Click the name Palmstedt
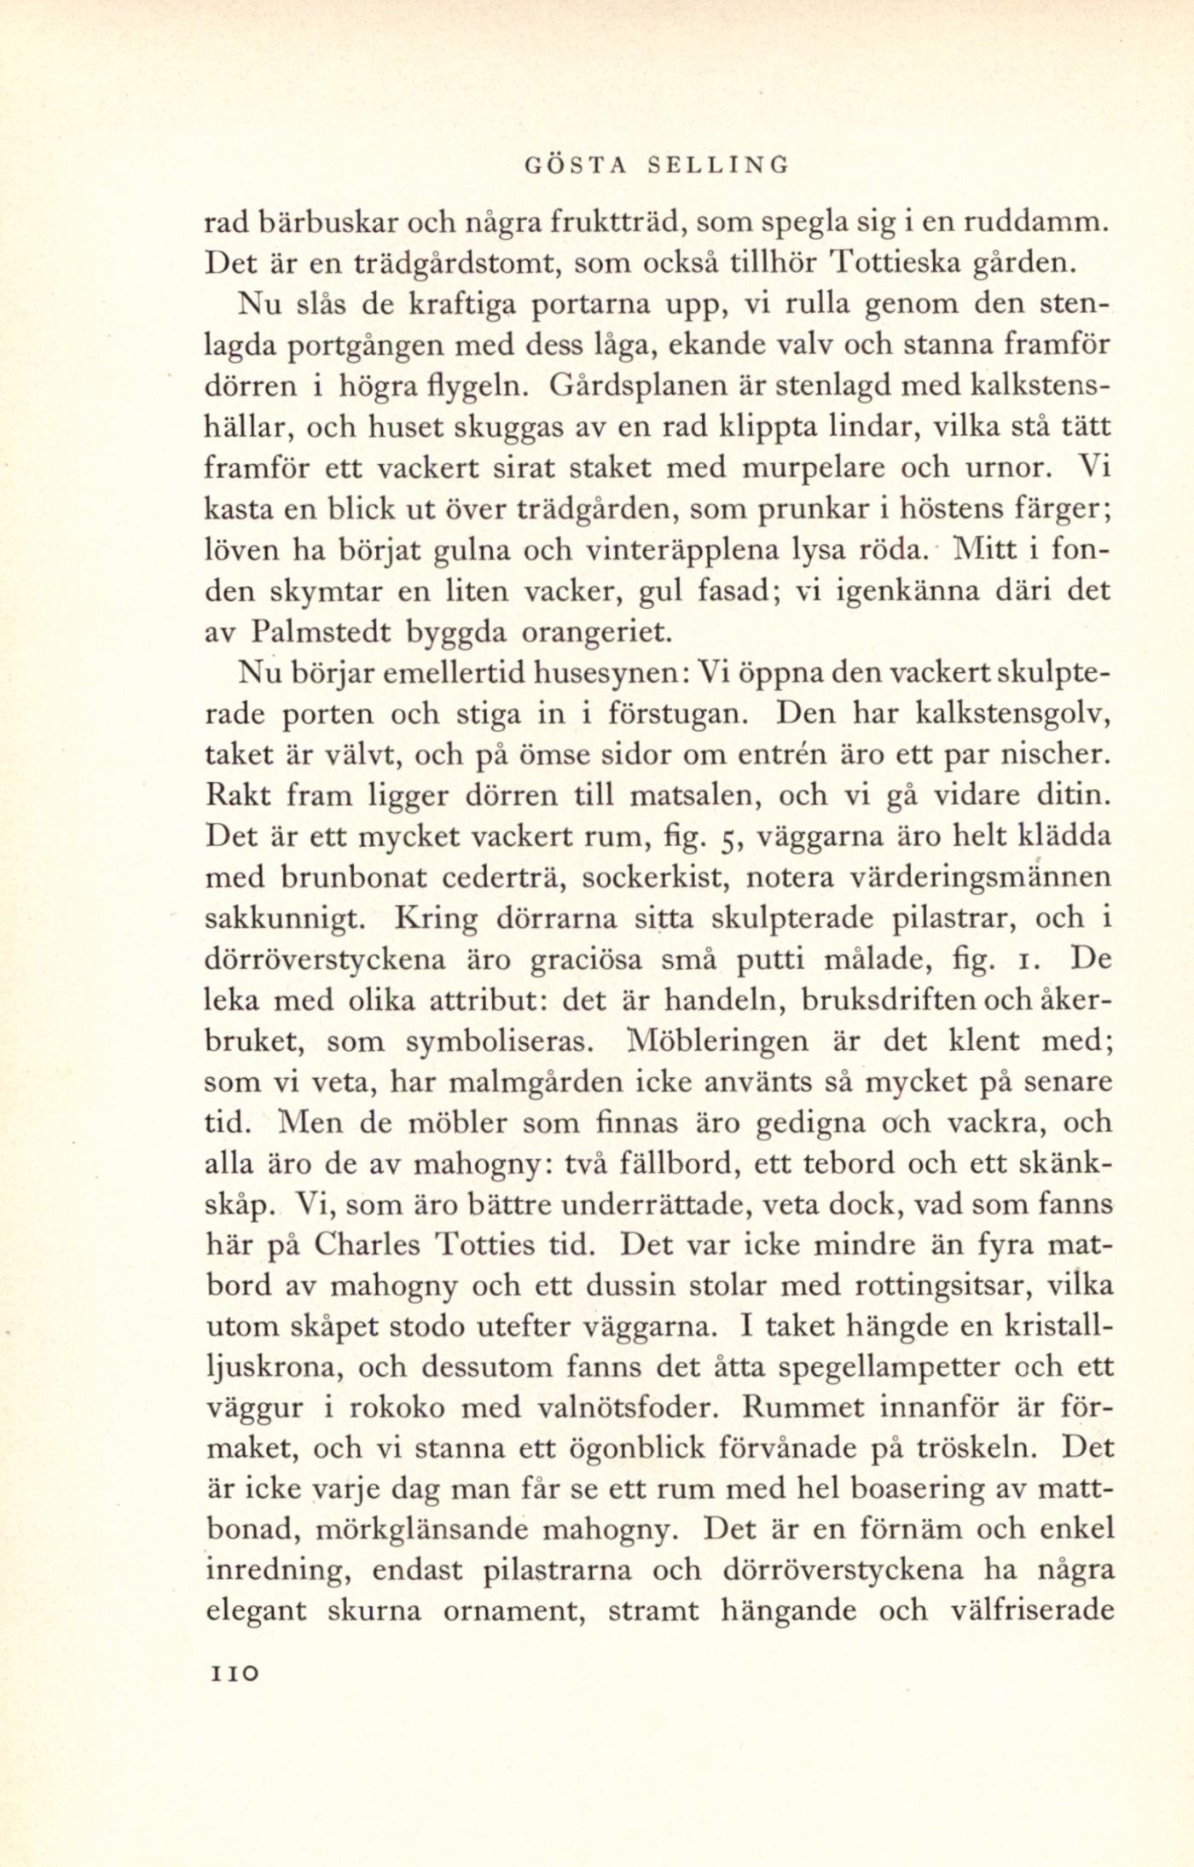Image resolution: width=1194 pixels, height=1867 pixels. click(322, 632)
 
